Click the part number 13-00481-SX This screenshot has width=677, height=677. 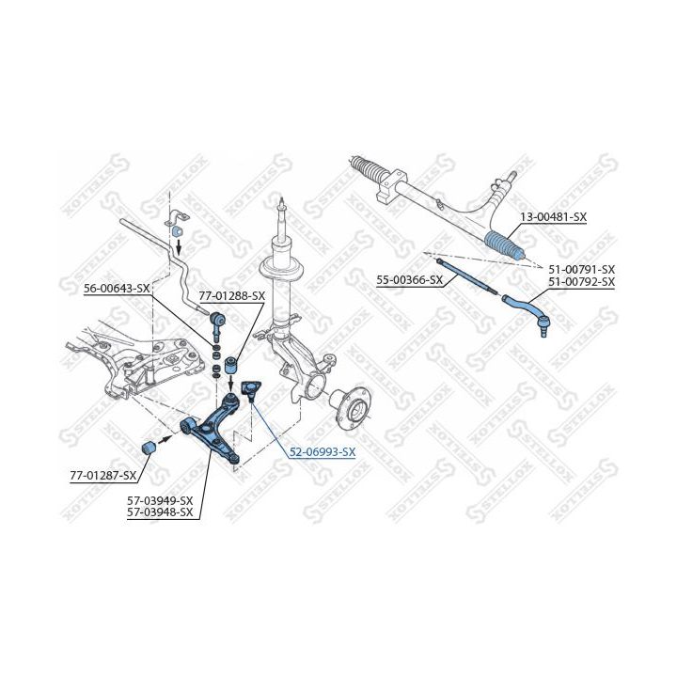pos(554,217)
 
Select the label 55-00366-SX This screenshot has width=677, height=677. pos(409,280)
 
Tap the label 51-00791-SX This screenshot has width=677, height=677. pos(582,270)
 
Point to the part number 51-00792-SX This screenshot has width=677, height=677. pos(582,281)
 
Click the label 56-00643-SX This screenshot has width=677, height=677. pos(117,289)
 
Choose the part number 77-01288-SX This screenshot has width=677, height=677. pos(232,296)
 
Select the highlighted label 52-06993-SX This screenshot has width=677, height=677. pos(323,452)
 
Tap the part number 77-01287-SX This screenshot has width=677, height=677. pos(103,476)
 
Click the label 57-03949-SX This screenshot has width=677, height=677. pos(160,501)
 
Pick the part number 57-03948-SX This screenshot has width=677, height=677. pos(160,512)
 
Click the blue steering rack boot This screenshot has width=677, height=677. pos(504,245)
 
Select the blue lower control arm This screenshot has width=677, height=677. pos(211,429)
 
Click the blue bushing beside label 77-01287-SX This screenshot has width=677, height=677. pos(149,448)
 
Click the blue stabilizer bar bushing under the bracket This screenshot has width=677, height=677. pos(178,231)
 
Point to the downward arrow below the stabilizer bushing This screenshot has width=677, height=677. pos(179,248)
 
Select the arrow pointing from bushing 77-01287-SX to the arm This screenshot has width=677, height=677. pos(165,440)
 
